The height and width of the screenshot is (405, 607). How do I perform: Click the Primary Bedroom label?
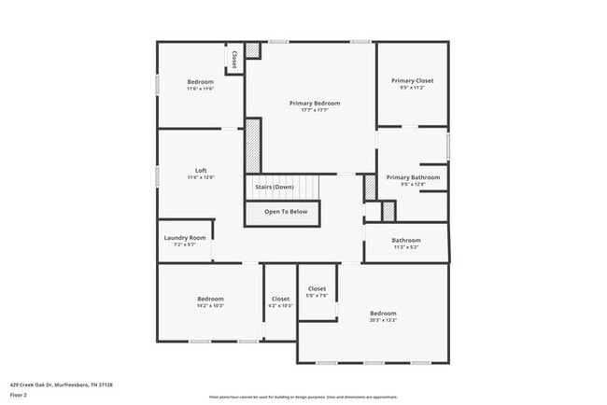click(x=314, y=103)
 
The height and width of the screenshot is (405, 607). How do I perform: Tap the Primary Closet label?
click(x=412, y=80)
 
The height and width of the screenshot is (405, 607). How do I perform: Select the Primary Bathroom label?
click(x=412, y=177)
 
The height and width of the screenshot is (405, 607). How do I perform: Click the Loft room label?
click(x=201, y=170)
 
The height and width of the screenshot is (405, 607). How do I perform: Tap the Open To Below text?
click(x=285, y=212)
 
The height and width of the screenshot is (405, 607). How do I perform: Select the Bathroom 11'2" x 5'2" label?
click(x=406, y=240)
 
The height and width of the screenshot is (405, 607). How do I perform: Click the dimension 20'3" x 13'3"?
click(x=383, y=320)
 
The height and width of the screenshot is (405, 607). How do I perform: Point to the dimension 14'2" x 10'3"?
click(x=210, y=305)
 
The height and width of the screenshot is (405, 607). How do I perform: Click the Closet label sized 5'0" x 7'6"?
click(x=317, y=288)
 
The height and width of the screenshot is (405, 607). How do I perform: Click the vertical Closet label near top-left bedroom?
click(x=233, y=60)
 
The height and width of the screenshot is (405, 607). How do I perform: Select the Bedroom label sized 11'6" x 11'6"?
click(x=200, y=82)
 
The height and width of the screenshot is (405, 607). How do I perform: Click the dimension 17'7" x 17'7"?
click(x=314, y=110)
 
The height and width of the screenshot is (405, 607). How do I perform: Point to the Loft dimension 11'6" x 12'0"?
click(x=201, y=177)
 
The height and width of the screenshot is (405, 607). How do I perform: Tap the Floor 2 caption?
click(x=19, y=395)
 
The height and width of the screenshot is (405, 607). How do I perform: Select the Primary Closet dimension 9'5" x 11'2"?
click(x=412, y=88)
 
